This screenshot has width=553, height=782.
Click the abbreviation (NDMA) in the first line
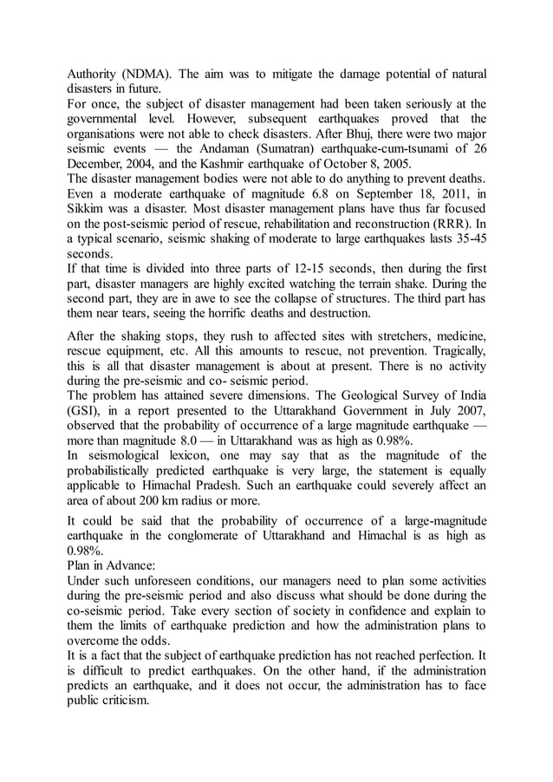152,74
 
